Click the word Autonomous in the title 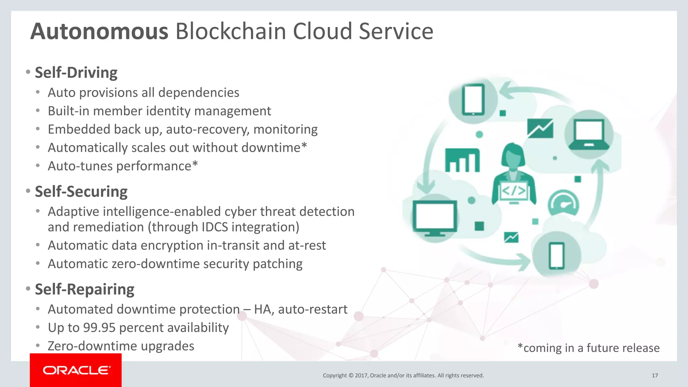point(99,31)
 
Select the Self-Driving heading point(76,73)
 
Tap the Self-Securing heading point(81,191)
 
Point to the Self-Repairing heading point(85,289)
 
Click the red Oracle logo point(76,370)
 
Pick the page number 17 point(655,376)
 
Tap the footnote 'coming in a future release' point(589,348)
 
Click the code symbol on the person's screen point(514,191)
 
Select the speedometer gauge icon point(563,203)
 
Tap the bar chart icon point(462,160)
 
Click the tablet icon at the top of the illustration point(473,99)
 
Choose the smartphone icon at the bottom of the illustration point(556,256)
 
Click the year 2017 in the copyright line point(361,376)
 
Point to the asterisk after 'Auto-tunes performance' point(195,165)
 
